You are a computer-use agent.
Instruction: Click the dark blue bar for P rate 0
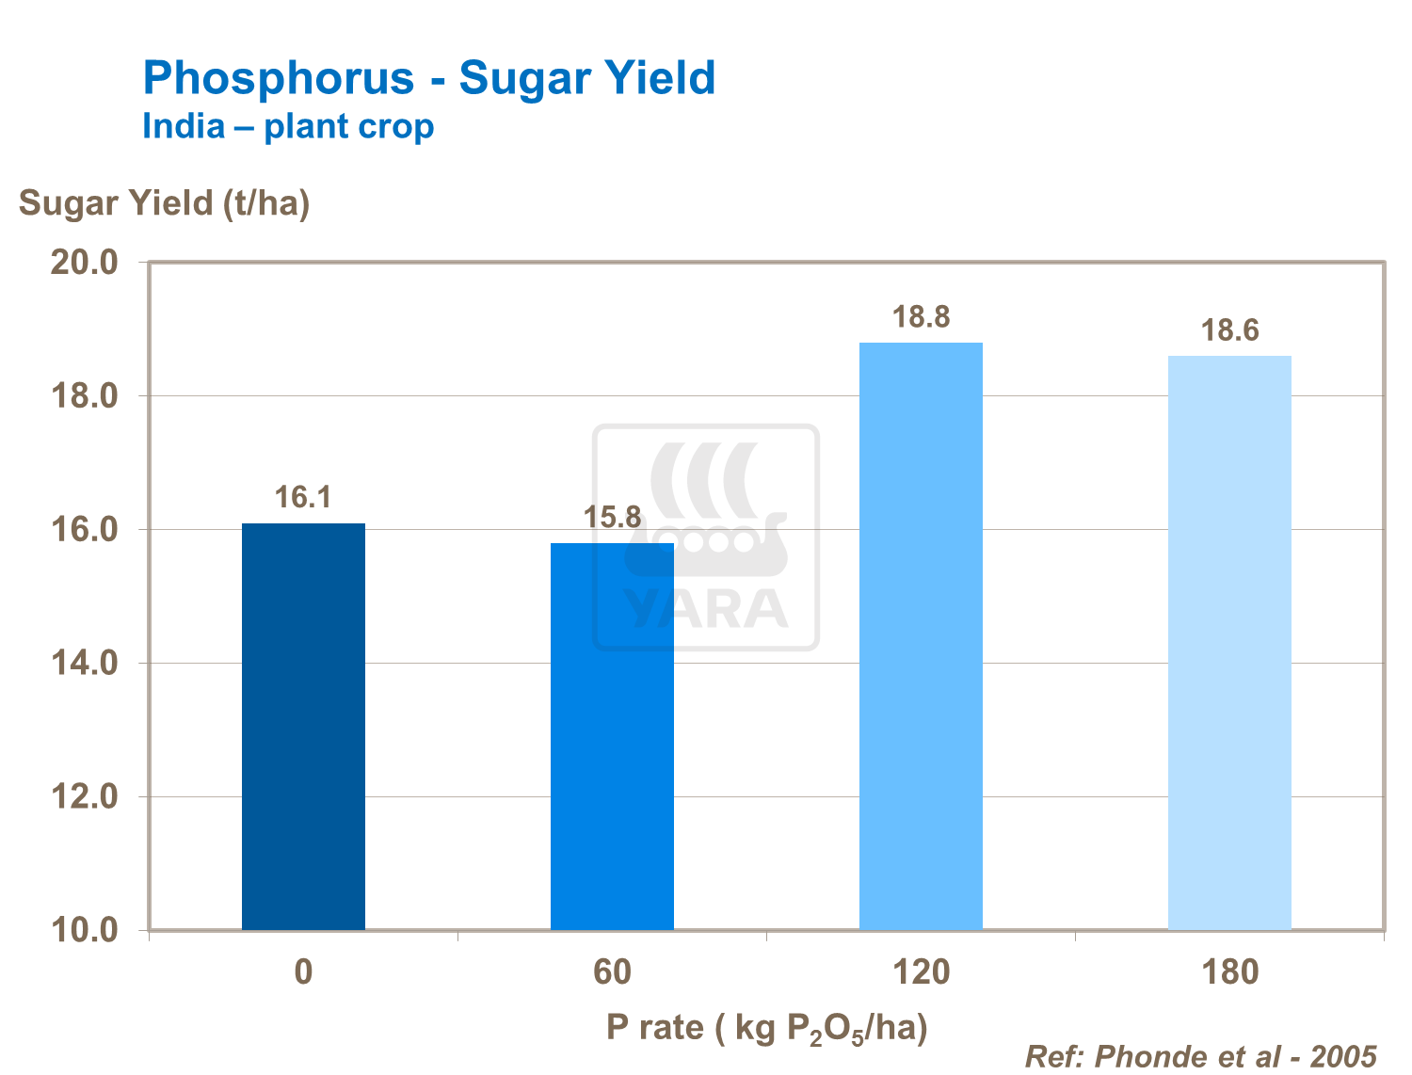303,726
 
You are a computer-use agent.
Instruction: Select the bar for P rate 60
612,736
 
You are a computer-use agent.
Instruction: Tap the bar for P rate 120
921,635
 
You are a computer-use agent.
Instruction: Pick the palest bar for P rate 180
1229,642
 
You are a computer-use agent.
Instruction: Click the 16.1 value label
303,497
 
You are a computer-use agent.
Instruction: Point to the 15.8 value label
612,517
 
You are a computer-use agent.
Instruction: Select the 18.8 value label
921,317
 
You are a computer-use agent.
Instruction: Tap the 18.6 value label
1229,330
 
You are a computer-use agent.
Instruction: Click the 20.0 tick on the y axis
84,262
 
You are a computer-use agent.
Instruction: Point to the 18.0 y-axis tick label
84,396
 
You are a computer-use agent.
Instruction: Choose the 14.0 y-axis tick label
84,664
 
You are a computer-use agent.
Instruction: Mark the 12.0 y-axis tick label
84,797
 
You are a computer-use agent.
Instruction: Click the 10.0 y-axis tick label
84,930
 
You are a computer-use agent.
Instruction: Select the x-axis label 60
612,971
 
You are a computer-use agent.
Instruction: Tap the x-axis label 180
1229,971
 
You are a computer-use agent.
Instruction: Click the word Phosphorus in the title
279,78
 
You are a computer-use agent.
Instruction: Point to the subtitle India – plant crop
288,126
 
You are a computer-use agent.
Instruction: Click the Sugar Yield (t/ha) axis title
164,202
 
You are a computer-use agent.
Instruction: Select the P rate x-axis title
766,1028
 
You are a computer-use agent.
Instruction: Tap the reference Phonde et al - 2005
1200,1056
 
